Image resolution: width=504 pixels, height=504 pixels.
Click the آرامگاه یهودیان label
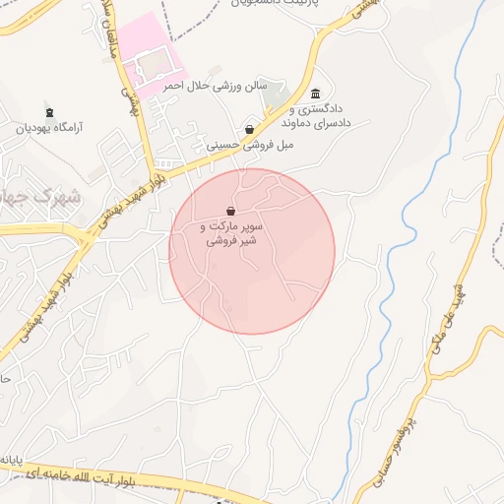click(53, 128)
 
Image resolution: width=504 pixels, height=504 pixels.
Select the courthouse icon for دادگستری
click(314, 94)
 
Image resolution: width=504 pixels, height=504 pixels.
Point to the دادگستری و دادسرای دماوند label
click(318, 115)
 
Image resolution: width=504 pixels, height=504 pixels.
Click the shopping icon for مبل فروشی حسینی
click(249, 129)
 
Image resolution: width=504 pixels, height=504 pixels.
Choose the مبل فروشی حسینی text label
click(249, 145)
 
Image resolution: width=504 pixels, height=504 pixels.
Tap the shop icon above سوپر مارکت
click(230, 211)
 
